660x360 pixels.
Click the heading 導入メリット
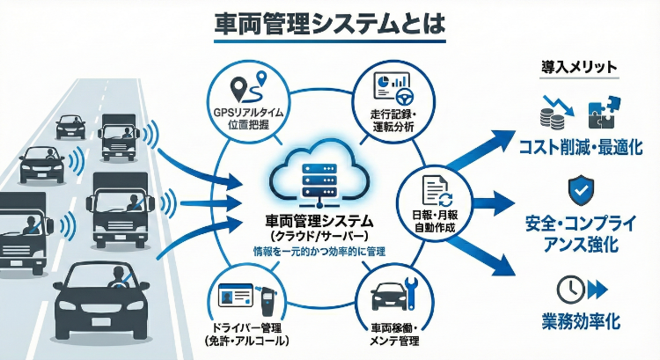[576, 67]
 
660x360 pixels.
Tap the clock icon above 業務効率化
[568, 289]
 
